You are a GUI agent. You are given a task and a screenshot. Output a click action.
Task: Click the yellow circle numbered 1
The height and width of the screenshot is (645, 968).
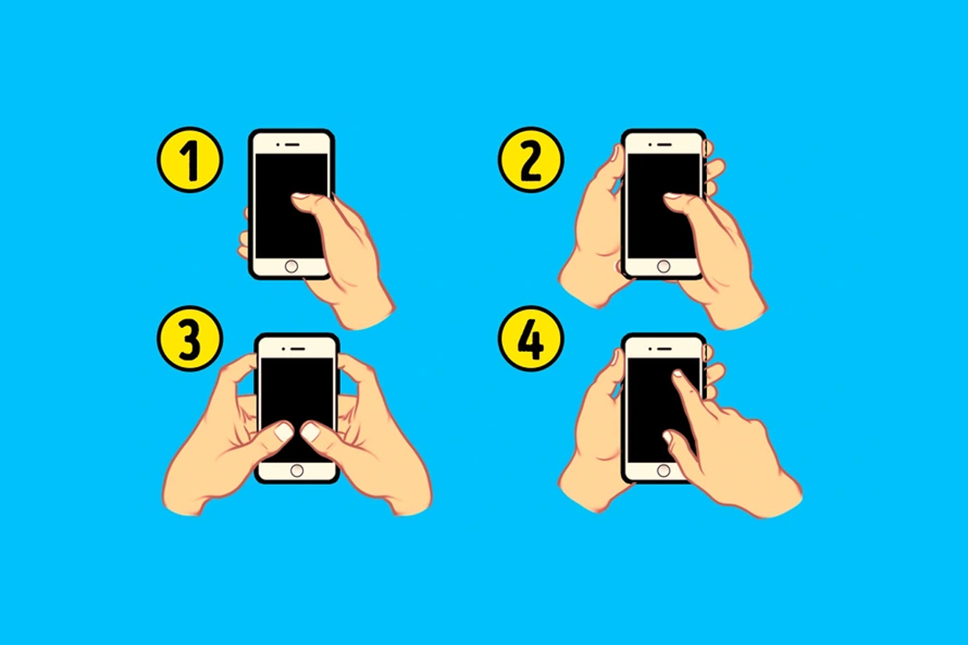(x=190, y=159)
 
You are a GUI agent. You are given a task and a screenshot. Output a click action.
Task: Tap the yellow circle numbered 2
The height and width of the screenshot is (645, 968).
(x=531, y=159)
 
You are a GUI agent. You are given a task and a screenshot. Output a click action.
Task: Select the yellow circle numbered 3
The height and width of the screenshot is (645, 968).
(x=190, y=338)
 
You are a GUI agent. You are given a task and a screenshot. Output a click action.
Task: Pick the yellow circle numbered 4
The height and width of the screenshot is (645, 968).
(x=531, y=338)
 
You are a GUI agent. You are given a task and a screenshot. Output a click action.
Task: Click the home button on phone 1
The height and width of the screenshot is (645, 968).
(x=291, y=266)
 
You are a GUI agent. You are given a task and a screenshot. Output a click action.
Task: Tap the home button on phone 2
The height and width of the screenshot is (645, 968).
(x=664, y=266)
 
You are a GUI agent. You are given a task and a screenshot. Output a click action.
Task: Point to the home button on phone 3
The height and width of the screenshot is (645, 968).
(x=297, y=471)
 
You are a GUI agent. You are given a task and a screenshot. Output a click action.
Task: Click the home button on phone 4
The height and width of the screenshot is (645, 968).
(x=664, y=471)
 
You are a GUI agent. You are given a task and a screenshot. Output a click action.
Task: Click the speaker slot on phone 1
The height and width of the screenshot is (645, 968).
(x=293, y=144)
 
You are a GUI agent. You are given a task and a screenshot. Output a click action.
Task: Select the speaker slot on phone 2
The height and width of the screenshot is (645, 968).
(x=664, y=144)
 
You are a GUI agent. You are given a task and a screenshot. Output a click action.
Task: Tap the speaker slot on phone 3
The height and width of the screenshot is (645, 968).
(x=298, y=348)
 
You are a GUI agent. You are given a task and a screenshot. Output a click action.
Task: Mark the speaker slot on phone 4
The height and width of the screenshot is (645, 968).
(x=664, y=348)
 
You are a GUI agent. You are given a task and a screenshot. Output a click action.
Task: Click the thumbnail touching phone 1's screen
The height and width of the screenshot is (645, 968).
(x=301, y=196)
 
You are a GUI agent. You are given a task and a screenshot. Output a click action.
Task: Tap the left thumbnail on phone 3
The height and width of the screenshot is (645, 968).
(x=284, y=432)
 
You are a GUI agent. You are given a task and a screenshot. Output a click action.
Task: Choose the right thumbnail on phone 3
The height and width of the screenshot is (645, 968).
(x=310, y=432)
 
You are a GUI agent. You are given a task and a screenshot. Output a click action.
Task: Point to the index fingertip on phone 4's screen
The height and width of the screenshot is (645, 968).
(x=677, y=373)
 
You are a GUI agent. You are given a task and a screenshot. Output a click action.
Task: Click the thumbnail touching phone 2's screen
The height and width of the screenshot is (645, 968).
(x=672, y=196)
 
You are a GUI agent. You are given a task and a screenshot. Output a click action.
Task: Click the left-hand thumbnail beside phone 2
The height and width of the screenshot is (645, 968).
(x=614, y=153)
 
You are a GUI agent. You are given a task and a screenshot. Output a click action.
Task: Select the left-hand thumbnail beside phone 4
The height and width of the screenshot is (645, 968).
(x=614, y=358)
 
